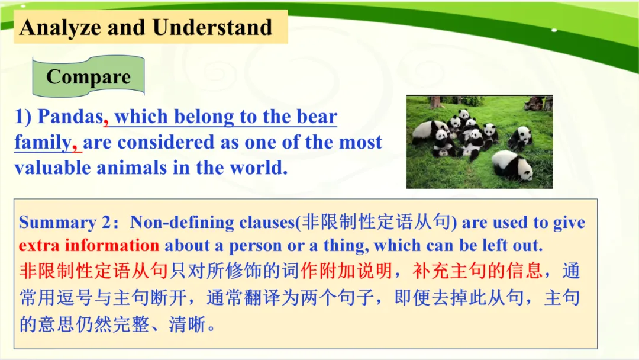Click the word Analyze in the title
pos(60,28)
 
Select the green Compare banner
pos(88,76)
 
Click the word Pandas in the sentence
pos(70,117)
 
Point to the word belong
pos(204,117)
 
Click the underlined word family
pos(43,143)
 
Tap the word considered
pos(166,142)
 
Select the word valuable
pos(52,168)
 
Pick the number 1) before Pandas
pos(23,117)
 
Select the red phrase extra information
pos(89,246)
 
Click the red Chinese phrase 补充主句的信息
pos(477,271)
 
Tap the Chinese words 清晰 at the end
pos(187,324)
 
